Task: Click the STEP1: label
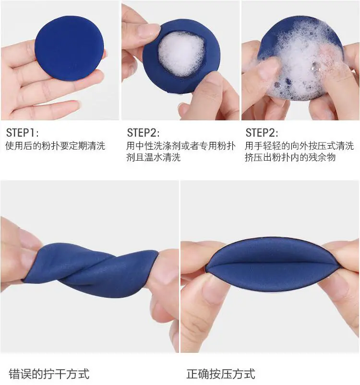click(x=22, y=133)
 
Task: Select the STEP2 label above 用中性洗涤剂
click(x=143, y=133)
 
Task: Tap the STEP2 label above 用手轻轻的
click(x=262, y=133)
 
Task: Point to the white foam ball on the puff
click(x=181, y=53)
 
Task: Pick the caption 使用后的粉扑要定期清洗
click(x=55, y=146)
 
